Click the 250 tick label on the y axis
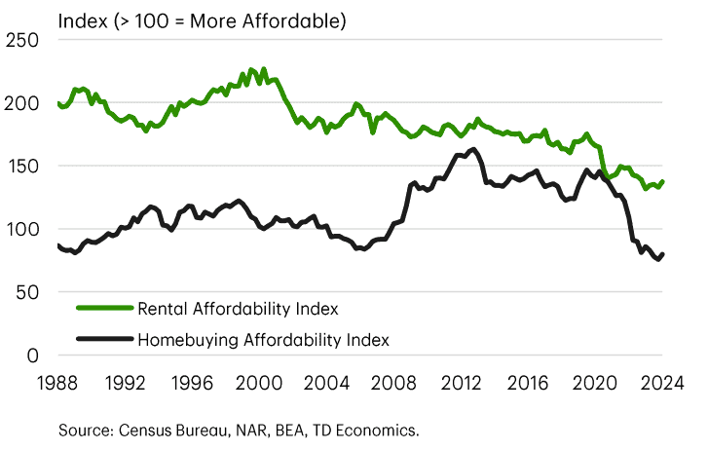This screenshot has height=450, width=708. tap(23, 40)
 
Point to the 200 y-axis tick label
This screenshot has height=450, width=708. tap(23, 103)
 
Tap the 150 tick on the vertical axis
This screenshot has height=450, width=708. tap(23, 167)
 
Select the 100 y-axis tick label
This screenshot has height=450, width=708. tap(23, 230)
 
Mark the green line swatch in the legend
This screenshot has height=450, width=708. tap(103, 310)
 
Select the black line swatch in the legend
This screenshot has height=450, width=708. tap(103, 340)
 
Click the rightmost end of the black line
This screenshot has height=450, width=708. tap(663, 254)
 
